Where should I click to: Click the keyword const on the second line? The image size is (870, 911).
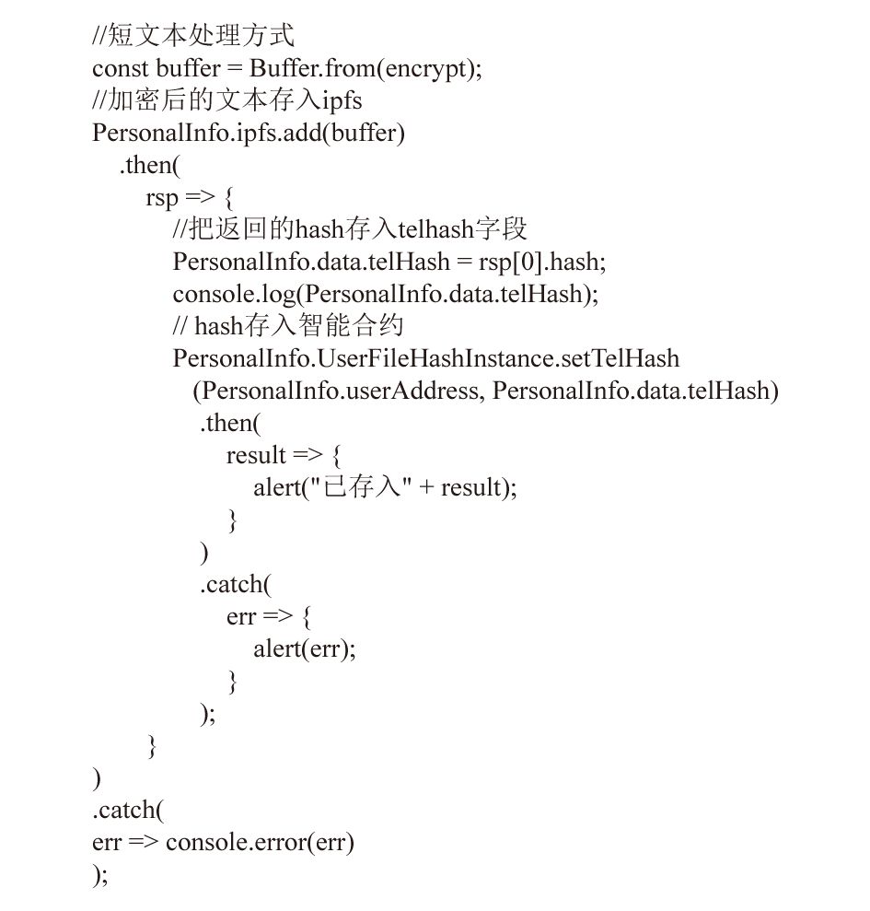(121, 68)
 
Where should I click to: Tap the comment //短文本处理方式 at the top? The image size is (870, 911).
(193, 35)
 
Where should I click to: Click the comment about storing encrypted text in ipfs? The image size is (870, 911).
(227, 100)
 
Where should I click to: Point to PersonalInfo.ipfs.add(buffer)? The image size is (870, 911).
(249, 134)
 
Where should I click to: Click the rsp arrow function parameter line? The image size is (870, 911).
(190, 198)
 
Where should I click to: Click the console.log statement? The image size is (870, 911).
(386, 295)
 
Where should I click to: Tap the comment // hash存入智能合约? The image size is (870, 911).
(288, 326)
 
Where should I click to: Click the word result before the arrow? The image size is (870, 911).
(256, 455)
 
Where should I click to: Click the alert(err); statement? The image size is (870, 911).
(305, 649)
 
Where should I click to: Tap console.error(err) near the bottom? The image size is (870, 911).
(260, 843)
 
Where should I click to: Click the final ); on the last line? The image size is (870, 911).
(100, 875)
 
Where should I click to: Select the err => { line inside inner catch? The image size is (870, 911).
(269, 617)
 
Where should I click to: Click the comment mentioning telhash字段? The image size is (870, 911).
(350, 229)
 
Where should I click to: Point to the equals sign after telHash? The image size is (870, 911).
(464, 263)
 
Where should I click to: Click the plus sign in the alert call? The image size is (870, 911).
(426, 487)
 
